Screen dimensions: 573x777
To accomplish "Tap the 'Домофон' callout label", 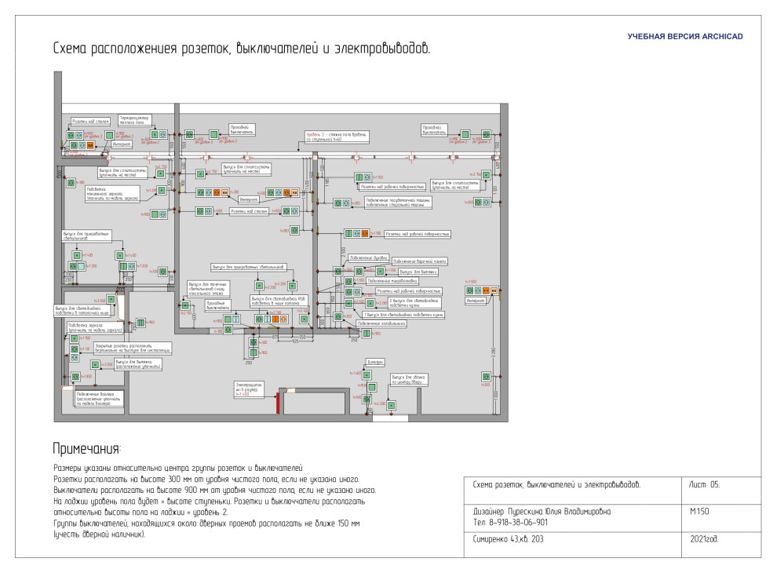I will [375, 362].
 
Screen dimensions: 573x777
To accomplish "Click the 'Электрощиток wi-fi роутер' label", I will [248, 389].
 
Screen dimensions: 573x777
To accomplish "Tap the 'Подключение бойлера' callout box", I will [97, 398].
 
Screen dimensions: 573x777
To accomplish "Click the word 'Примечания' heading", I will [86, 448].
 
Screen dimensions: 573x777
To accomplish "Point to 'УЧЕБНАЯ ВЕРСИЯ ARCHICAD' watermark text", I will [684, 36].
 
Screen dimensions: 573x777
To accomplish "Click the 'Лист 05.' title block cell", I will [704, 484].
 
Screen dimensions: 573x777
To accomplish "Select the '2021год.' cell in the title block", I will [704, 539].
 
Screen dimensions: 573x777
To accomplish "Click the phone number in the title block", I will [511, 522].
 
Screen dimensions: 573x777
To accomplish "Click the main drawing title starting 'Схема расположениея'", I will [241, 49].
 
